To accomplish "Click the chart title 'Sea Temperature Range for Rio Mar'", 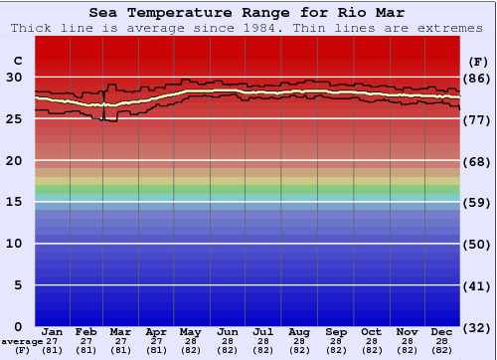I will (x=248, y=13).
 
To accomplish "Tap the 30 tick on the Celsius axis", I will (x=14, y=77).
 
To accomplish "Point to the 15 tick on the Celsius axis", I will (x=14, y=202).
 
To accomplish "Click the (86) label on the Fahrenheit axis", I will (x=477, y=78).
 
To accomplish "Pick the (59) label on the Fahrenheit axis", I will (x=477, y=203).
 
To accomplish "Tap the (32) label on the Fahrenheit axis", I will (x=477, y=328).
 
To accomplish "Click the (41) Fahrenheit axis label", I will (x=477, y=286).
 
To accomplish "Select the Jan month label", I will (x=54, y=331).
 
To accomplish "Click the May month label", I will (x=189, y=331).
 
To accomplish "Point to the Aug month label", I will (x=299, y=331).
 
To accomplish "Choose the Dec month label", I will (x=442, y=331).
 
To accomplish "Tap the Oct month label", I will (x=371, y=331).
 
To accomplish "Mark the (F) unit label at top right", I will (x=477, y=60).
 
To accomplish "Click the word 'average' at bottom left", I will (x=22, y=341).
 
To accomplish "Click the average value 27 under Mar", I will (x=120, y=340).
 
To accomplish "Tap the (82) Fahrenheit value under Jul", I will (x=263, y=350).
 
